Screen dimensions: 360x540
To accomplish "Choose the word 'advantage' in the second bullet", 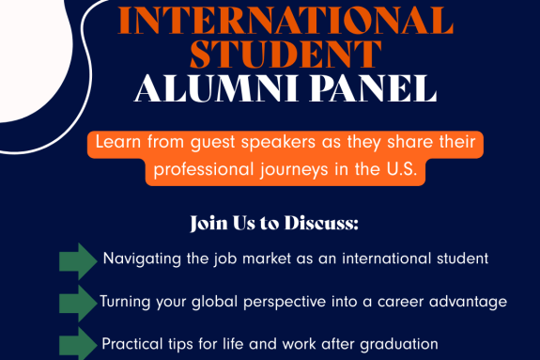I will click(x=471, y=302).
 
